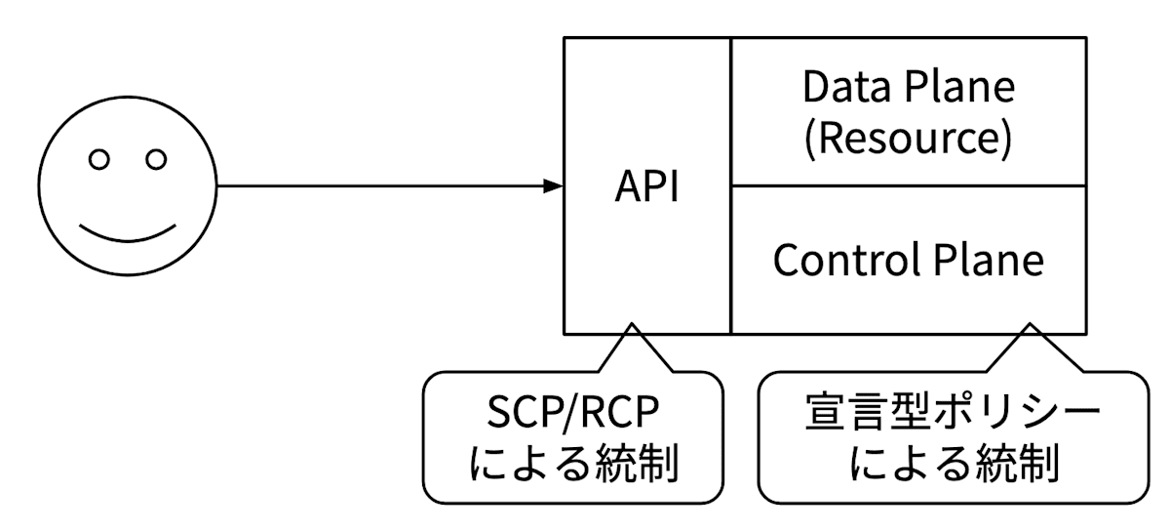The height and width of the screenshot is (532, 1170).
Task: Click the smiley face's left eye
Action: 98,159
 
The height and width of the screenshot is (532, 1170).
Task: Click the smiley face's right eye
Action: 156,159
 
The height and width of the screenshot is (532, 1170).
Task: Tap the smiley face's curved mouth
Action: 128,231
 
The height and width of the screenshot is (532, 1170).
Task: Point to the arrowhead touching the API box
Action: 555,185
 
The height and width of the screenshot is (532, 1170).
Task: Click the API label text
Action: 646,186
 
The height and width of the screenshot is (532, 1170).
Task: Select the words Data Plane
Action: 908,88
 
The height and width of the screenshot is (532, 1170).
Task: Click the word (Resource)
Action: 908,139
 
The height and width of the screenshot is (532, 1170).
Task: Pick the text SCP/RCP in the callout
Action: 573,415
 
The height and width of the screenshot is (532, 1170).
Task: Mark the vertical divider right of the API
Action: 730,185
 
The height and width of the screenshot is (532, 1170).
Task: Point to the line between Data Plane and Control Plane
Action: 908,185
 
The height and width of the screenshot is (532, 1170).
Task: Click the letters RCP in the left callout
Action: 620,415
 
